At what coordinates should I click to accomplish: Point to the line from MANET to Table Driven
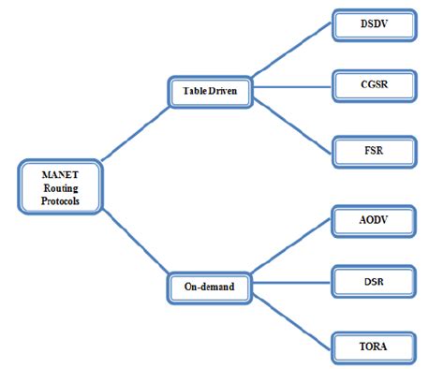(x=131, y=131)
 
